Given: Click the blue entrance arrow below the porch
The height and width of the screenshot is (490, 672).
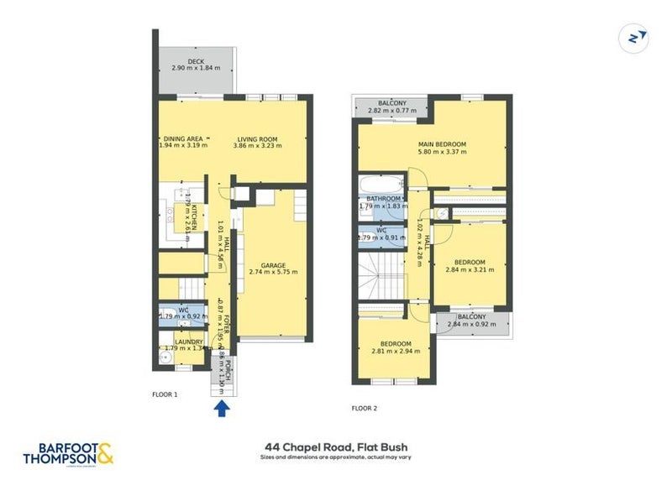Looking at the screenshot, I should tap(222, 409).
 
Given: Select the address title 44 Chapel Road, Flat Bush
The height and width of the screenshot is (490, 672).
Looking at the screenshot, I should tap(337, 448).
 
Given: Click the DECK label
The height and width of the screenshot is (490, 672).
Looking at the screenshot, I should tap(196, 61).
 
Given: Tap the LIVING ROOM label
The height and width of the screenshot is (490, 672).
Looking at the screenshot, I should tap(257, 139).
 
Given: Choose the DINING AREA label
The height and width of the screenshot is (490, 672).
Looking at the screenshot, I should tap(183, 139).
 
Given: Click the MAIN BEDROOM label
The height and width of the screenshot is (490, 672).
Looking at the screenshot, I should tap(442, 144).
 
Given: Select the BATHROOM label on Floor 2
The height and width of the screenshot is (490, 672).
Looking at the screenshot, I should tap(383, 199).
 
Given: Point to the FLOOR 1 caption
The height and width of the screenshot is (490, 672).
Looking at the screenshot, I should tap(165, 394).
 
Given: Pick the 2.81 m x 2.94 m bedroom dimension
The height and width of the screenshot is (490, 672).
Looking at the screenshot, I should tap(395, 352).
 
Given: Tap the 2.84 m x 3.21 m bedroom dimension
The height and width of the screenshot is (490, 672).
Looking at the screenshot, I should tap(470, 270).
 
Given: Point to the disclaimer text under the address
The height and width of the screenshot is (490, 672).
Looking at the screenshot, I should tap(337, 459).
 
